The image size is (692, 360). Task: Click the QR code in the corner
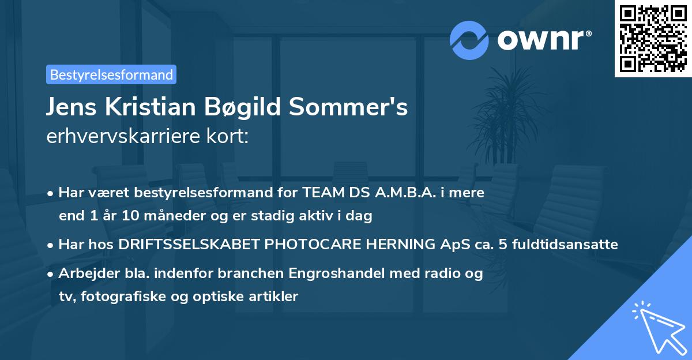[x=653, y=39]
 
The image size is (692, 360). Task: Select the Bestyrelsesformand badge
[x=111, y=74]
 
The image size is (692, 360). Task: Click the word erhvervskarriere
[x=122, y=137]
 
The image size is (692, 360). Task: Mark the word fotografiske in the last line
[x=119, y=297]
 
